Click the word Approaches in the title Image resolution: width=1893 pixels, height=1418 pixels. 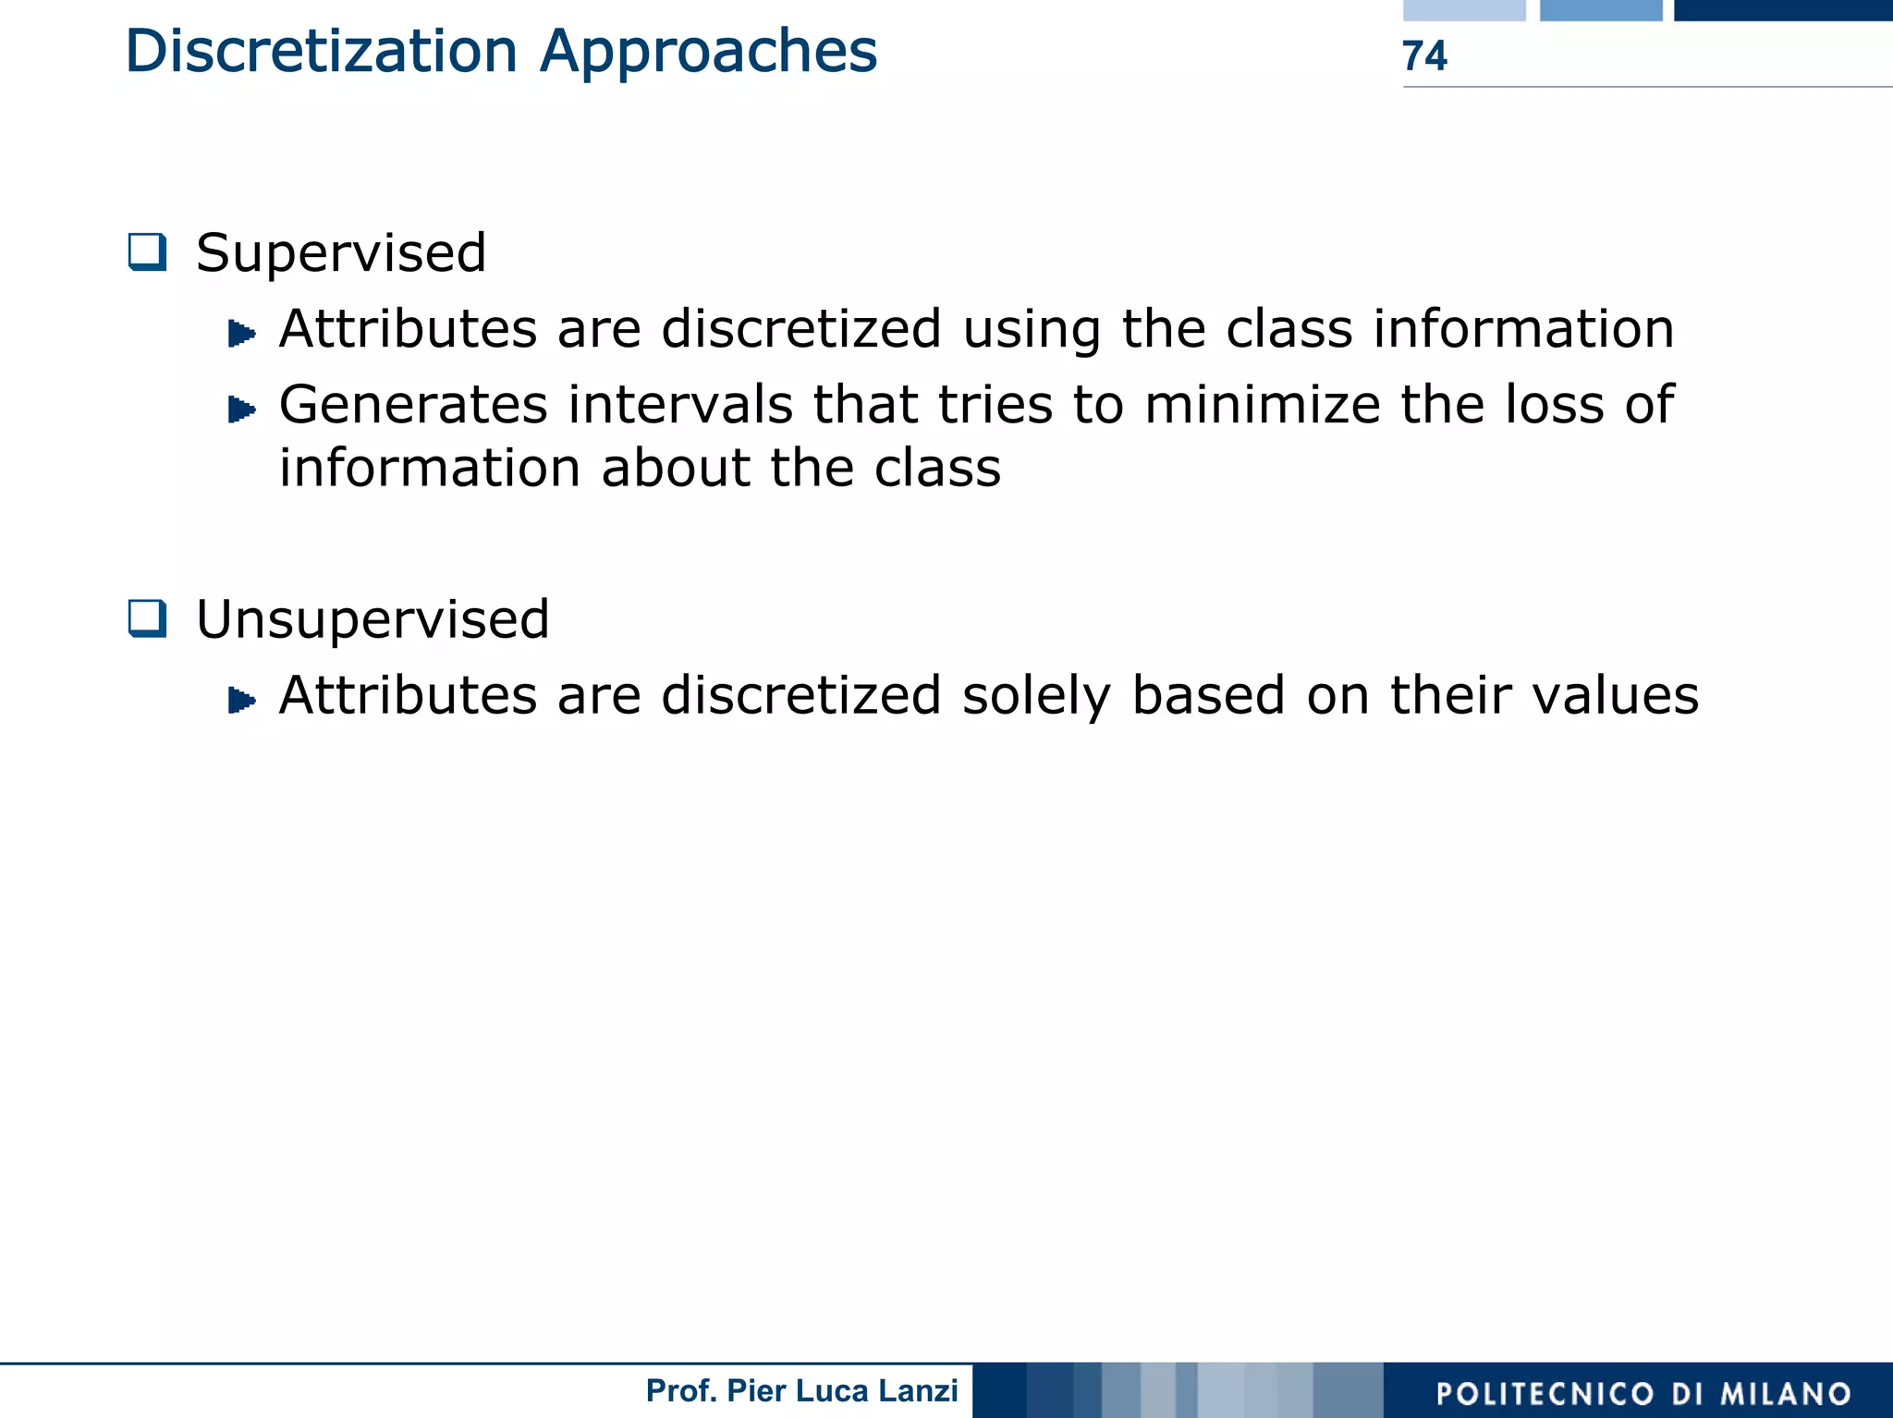(708, 53)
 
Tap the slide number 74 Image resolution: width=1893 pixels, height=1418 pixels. (1424, 56)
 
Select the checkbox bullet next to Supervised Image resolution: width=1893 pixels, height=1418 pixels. (148, 251)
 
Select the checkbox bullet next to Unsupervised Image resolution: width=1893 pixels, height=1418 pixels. (148, 618)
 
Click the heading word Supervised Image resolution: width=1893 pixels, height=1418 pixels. (341, 252)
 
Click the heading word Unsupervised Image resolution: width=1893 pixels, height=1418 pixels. (372, 618)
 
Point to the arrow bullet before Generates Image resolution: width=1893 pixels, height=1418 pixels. (241, 409)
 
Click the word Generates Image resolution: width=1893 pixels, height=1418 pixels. (413, 405)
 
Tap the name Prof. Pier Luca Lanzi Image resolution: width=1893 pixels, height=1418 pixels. (801, 1390)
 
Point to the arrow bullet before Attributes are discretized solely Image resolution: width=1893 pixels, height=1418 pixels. (241, 700)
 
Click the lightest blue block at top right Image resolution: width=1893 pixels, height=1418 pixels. (1464, 10)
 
